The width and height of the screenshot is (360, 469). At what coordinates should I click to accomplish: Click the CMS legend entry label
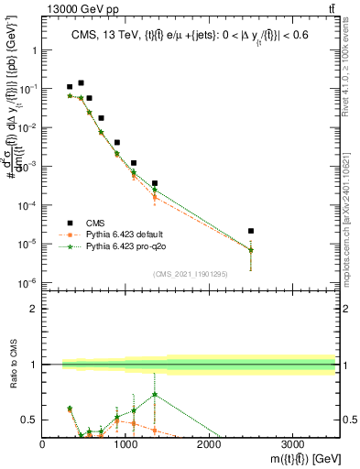pyautogui.click(x=96, y=222)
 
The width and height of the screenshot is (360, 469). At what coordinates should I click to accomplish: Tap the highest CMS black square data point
pyautogui.click(x=81, y=83)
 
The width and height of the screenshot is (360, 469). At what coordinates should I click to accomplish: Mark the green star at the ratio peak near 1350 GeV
pyautogui.click(x=155, y=395)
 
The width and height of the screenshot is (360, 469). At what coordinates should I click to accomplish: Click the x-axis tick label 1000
pyautogui.click(x=125, y=444)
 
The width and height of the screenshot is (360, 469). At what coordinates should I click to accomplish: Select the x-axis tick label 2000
pyautogui.click(x=209, y=444)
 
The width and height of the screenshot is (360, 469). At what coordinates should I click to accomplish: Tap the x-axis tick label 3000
pyautogui.click(x=292, y=444)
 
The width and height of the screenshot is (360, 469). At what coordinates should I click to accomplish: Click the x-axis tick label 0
pyautogui.click(x=43, y=444)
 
